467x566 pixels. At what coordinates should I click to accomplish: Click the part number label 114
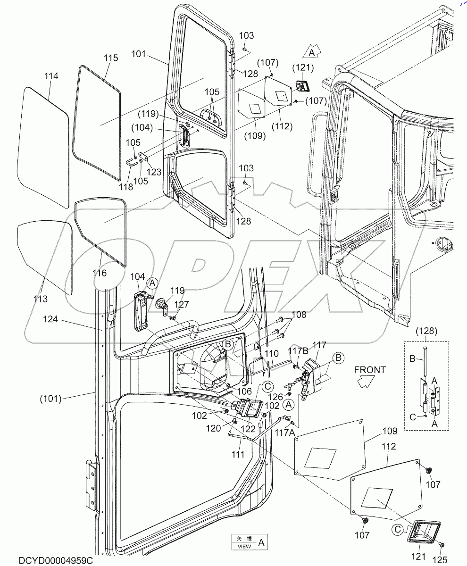point(51,76)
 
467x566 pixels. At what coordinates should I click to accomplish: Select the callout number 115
point(111,58)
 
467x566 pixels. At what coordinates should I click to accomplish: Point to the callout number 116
point(100,273)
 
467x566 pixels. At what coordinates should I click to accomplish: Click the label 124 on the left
point(50,319)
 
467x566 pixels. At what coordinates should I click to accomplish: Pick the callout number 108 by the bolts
point(299,315)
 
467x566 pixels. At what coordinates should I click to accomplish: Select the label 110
point(271,353)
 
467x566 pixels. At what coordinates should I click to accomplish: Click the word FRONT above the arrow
point(370,370)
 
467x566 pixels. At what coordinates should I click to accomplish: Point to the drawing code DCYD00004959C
point(56,560)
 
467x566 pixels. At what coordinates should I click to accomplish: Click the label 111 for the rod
point(238,454)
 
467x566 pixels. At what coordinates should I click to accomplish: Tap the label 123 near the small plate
point(154,172)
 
